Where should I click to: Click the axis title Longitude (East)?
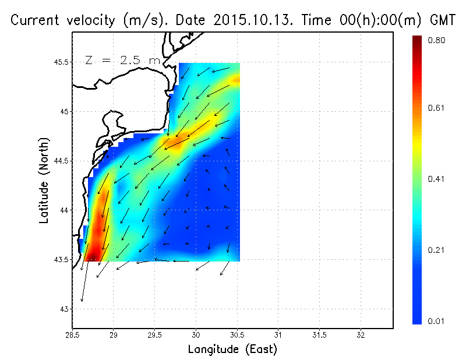pos(232,350)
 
